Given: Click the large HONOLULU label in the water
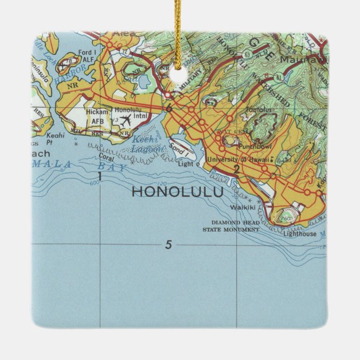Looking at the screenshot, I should coord(177,191).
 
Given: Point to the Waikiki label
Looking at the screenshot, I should coord(243,207).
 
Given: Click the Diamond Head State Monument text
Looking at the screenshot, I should coord(231,226).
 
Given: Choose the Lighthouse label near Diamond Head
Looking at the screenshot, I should coord(301,234).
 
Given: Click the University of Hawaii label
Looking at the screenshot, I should coord(237,159).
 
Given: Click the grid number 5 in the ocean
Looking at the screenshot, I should coord(168,244).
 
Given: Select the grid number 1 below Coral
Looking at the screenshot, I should coord(100,177).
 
